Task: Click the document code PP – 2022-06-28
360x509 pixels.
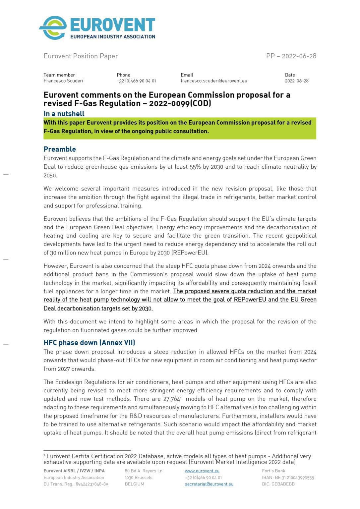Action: coord(291,56)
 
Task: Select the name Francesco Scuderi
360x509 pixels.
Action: coord(63,81)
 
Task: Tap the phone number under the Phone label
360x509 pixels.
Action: coord(136,81)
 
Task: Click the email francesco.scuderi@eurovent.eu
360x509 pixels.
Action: coord(214,81)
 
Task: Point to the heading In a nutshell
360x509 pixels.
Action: coord(64,114)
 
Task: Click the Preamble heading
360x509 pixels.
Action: coord(60,149)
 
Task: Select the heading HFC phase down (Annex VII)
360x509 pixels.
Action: coord(89,343)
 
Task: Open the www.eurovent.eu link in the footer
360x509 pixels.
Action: coord(202,471)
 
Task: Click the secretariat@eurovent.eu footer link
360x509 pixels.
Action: coord(209,484)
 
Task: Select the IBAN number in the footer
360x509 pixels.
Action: coord(288,478)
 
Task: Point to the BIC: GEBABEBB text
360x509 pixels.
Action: coord(278,484)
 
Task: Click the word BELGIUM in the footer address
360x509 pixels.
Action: coord(134,484)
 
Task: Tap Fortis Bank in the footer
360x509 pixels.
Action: coord(273,471)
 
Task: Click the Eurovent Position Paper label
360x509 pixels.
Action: coord(81,56)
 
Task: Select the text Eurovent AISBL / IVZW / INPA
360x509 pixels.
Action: coord(74,471)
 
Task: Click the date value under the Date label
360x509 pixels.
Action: coord(296,81)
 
